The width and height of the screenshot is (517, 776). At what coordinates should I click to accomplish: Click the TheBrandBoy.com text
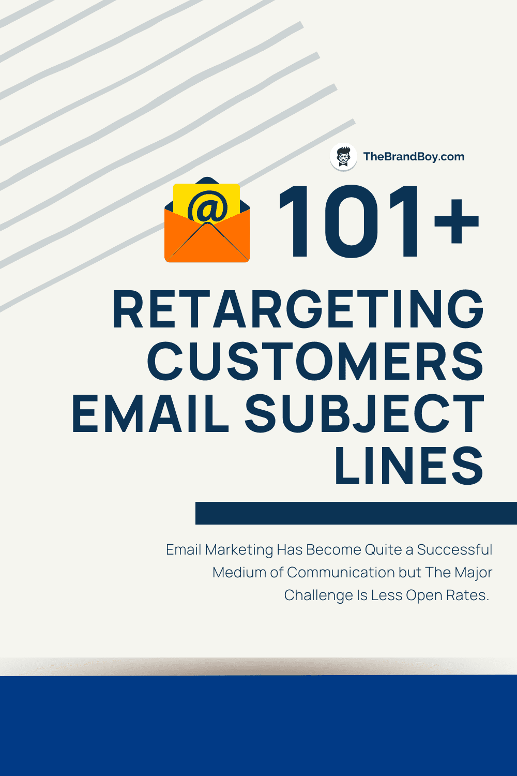point(414,157)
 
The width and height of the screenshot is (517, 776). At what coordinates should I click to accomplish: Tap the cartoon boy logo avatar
point(343,157)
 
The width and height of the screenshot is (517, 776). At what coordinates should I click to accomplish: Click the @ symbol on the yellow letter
point(207,207)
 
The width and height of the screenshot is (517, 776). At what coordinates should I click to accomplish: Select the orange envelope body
point(207,243)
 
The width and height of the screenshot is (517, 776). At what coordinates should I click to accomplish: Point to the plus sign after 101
point(456,222)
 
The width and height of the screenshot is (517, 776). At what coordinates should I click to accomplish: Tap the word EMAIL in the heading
point(150,413)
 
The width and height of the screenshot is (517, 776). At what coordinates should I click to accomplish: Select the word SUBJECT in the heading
point(364,413)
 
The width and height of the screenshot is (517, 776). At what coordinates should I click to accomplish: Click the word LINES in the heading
point(409,466)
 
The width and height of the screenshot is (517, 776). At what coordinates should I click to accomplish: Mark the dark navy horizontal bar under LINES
point(356,513)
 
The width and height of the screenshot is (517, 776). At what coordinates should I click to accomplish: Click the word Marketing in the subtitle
point(239,550)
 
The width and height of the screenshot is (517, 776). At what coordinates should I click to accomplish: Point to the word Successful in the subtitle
point(454,549)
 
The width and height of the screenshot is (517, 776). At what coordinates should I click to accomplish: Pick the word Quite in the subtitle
point(383,550)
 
